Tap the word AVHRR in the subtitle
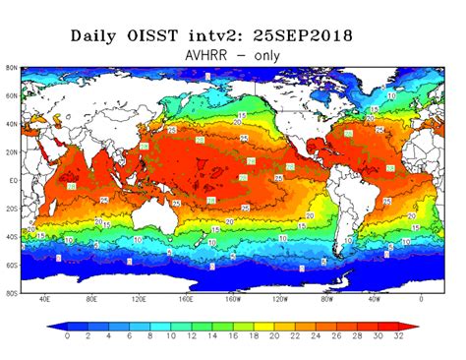click(x=209, y=55)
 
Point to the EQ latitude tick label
click(x=12, y=182)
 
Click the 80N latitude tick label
click(x=11, y=68)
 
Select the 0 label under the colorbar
click(x=67, y=336)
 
